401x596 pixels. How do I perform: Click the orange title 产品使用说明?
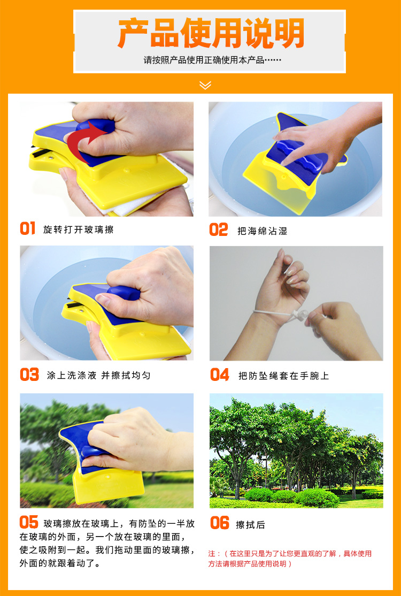(211, 33)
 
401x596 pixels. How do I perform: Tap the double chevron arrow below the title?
(205, 86)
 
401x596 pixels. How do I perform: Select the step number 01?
(27, 228)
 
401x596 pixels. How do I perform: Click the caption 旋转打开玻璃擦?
(78, 230)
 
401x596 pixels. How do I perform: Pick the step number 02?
(218, 230)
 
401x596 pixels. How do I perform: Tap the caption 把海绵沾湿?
(263, 231)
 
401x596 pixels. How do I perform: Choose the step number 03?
(29, 375)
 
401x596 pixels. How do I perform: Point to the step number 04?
(220, 375)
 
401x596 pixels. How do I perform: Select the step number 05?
(29, 522)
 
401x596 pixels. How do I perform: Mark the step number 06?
(220, 523)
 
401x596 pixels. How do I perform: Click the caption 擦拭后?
(251, 525)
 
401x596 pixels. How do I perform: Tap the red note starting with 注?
(290, 559)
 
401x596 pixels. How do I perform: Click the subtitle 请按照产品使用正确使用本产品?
(212, 60)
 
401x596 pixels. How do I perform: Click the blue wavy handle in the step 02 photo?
(300, 154)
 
